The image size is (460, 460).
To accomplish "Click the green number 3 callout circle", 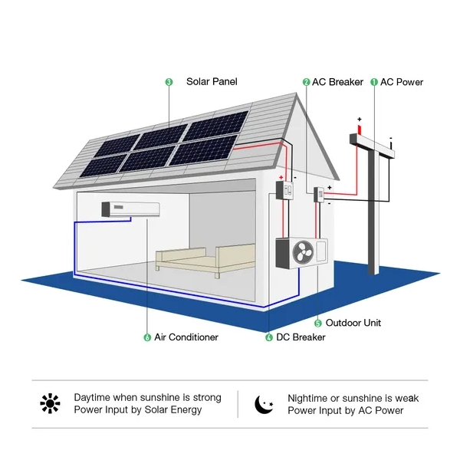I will tap(169, 82).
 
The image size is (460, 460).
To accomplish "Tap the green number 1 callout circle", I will tap(374, 82).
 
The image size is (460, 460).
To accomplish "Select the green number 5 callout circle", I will tap(318, 323).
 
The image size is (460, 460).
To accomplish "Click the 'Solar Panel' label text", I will tap(212, 82).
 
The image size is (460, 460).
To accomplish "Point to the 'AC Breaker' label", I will tap(337, 82).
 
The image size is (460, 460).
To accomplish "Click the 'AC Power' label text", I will tap(402, 82).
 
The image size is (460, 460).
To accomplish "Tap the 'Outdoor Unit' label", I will tap(353, 323).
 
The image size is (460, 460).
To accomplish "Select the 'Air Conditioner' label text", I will tap(186, 337).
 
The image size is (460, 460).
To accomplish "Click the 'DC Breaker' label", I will tap(301, 337).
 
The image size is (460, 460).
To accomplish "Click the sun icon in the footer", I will tap(51, 403).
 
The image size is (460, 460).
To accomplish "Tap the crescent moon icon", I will tap(264, 403).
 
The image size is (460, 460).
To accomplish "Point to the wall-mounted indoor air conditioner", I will tap(130, 209).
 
